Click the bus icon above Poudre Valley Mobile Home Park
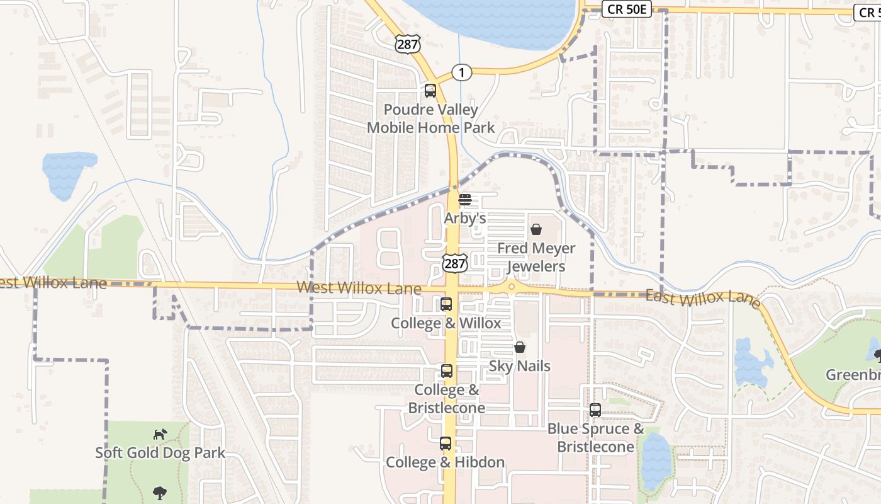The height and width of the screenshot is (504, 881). pyautogui.click(x=430, y=91)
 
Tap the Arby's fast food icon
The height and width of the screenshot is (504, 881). pyautogui.click(x=465, y=200)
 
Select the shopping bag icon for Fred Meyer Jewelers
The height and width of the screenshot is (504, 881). pyautogui.click(x=536, y=229)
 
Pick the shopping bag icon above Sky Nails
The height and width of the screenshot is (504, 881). pyautogui.click(x=520, y=347)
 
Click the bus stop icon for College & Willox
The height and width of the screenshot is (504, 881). pyautogui.click(x=446, y=304)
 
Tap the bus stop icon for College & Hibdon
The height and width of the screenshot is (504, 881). pyautogui.click(x=446, y=444)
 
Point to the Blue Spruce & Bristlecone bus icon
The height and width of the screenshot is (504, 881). pyautogui.click(x=595, y=410)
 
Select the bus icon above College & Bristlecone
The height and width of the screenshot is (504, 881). pyautogui.click(x=447, y=371)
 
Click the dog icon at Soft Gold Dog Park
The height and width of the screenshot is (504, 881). pyautogui.click(x=160, y=434)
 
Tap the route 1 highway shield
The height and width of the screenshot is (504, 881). pyautogui.click(x=462, y=73)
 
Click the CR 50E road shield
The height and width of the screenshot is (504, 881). pyautogui.click(x=626, y=9)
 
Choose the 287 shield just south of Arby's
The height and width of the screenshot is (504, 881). pyautogui.click(x=453, y=262)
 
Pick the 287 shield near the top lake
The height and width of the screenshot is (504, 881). pyautogui.click(x=408, y=43)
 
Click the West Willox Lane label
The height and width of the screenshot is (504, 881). pyautogui.click(x=359, y=289)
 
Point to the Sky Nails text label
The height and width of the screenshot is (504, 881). pyautogui.click(x=520, y=366)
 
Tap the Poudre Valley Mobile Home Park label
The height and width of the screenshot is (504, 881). pyautogui.click(x=431, y=118)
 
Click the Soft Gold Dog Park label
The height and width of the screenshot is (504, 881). pyautogui.click(x=160, y=452)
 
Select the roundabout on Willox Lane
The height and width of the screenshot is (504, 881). pyautogui.click(x=512, y=287)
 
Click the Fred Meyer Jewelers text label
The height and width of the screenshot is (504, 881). pyautogui.click(x=536, y=257)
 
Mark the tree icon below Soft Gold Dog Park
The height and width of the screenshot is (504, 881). pyautogui.click(x=160, y=493)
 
